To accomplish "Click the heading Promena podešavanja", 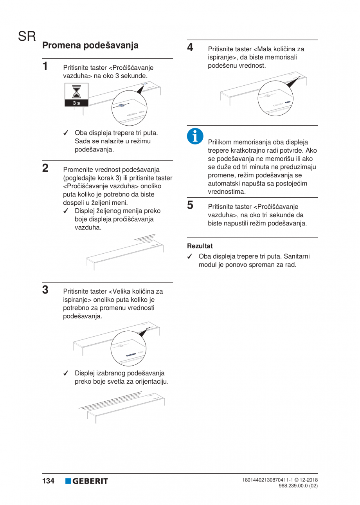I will click(90, 45).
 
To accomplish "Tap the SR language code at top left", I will click(27, 38).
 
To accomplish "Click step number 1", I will click(46, 65).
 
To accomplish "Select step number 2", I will click(46, 168).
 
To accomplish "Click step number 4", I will click(190, 47).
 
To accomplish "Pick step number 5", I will click(190, 205).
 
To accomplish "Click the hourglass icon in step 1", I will click(77, 92).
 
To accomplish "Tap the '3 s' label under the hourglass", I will click(77, 103).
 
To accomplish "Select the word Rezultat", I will click(200, 246).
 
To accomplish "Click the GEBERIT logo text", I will click(90, 481).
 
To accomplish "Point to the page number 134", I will click(48, 481).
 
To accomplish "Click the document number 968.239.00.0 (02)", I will click(298, 485).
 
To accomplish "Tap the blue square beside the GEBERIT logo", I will click(68, 481).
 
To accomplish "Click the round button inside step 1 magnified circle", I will click(122, 106).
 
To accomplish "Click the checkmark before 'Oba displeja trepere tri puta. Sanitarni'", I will click(189, 257).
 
